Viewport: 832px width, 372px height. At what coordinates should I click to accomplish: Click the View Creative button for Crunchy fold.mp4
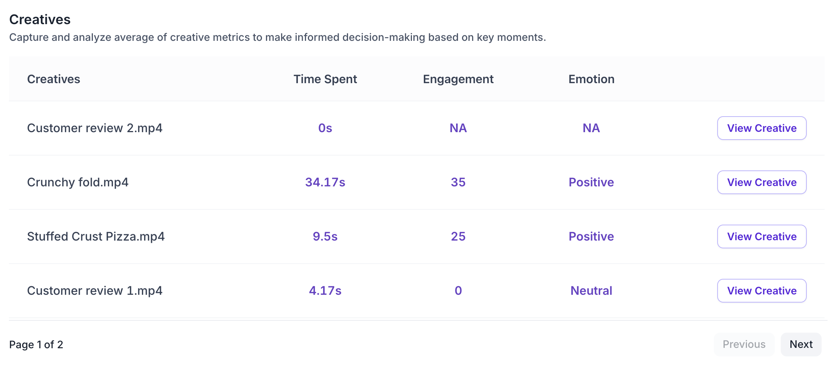(761, 182)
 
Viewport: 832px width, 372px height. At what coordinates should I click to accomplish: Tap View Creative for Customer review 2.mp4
(761, 128)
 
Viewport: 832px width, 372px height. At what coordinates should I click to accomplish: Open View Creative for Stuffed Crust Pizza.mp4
(761, 236)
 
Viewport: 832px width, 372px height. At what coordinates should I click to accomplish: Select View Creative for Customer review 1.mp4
(761, 291)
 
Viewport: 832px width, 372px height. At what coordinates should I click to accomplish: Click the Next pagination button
(801, 345)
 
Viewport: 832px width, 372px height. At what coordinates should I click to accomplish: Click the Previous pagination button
(744, 345)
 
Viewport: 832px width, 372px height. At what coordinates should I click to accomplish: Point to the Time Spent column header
(325, 79)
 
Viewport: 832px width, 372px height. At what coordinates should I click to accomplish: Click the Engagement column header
(458, 79)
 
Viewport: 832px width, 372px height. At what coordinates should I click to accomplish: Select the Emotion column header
(591, 79)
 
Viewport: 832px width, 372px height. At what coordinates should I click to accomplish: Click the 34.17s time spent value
(325, 182)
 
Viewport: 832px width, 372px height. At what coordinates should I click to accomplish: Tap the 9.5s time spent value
(325, 236)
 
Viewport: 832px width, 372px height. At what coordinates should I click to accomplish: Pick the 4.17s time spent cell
(325, 291)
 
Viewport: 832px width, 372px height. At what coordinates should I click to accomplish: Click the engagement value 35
(458, 182)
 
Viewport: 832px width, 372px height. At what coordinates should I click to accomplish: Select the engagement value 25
(458, 236)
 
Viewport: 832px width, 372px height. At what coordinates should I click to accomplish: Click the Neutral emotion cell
(591, 291)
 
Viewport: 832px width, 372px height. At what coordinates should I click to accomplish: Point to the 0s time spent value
(325, 128)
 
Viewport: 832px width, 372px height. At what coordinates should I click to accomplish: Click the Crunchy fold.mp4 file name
(78, 182)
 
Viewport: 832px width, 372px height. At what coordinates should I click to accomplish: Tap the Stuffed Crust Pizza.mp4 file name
(96, 236)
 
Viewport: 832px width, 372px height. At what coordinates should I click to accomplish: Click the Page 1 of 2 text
(36, 345)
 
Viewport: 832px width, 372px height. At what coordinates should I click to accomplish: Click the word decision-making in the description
(384, 37)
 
